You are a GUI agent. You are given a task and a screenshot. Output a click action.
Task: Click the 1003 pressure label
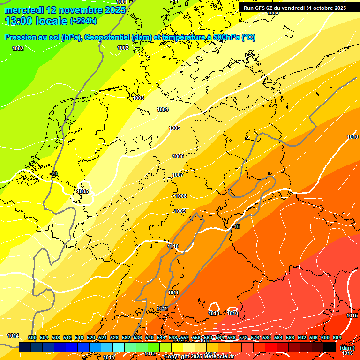click(138, 98)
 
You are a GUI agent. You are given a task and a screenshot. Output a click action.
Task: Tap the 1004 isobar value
click(163, 109)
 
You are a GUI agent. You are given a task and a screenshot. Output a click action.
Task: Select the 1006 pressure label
click(178, 156)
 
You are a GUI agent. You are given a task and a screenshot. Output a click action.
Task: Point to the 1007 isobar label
click(178, 175)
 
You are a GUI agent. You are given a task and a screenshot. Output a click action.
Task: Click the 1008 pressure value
click(181, 196)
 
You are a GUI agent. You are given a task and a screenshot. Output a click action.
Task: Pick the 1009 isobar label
click(180, 211)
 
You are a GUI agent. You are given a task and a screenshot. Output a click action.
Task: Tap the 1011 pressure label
click(173, 292)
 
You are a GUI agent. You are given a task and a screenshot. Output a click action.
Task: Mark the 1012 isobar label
click(162, 308)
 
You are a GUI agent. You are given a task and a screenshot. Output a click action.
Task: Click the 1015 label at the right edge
click(352, 315)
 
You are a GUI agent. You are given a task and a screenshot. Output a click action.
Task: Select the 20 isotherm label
click(54, 173)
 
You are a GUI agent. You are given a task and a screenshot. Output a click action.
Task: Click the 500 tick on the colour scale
click(32, 337)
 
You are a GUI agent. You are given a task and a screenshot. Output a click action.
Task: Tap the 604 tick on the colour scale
click(337, 337)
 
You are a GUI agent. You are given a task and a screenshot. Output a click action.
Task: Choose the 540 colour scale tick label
click(150, 337)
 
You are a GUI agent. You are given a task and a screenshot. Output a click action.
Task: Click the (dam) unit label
click(347, 348)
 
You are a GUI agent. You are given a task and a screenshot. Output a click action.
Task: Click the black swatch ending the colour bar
click(330, 347)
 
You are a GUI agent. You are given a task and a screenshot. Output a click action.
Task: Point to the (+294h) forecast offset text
click(83, 21)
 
